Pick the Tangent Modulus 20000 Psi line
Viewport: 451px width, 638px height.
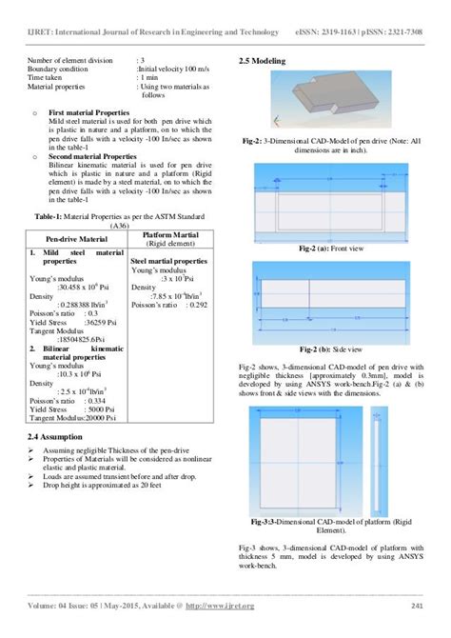(x=73, y=417)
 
